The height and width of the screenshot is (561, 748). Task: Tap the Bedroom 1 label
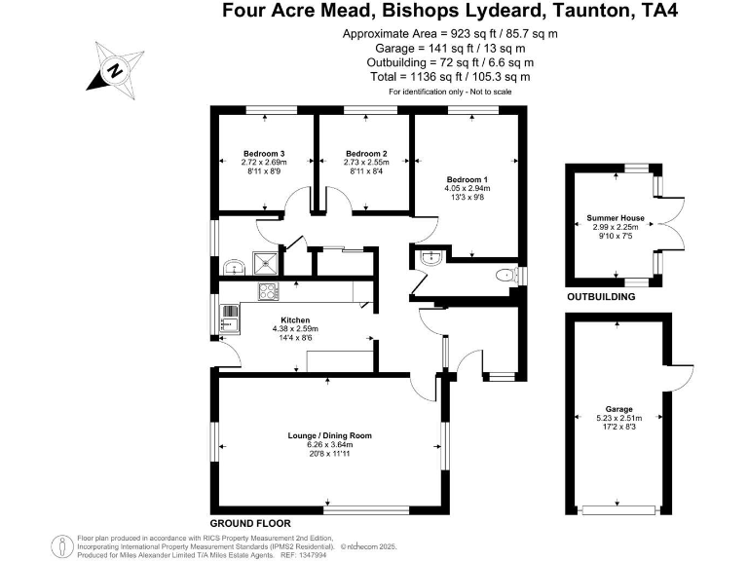(466, 180)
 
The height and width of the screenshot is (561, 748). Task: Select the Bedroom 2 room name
(366, 153)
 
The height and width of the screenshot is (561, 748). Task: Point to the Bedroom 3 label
(264, 153)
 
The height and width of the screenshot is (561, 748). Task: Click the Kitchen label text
(295, 320)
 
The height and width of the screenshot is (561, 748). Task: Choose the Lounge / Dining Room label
(330, 435)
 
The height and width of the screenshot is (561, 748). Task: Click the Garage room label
(618, 409)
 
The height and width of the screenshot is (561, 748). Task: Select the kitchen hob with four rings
(268, 290)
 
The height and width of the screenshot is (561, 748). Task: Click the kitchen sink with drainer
(231, 315)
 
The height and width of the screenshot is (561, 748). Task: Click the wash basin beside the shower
(232, 266)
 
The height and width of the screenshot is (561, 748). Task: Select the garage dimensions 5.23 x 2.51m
(618, 419)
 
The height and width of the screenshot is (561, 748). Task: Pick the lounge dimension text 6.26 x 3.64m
(330, 445)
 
